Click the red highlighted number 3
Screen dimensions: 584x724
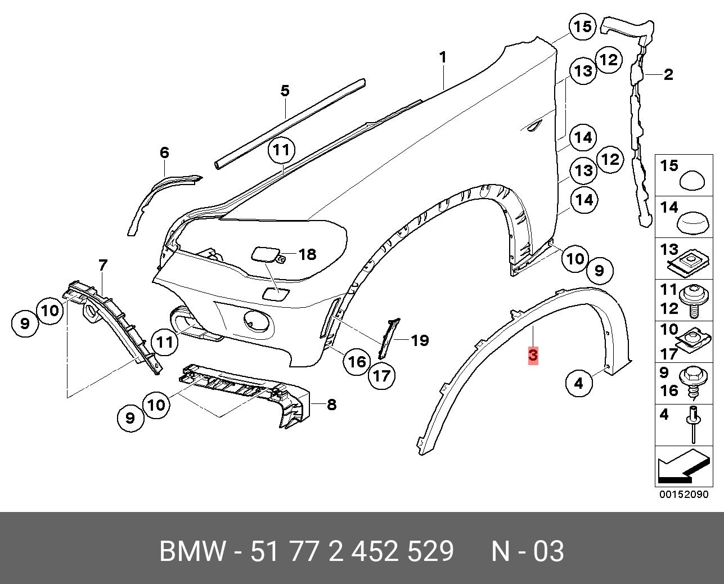tap(533, 356)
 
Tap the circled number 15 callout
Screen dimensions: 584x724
tap(582, 26)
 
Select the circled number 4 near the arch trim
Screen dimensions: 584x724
tap(579, 384)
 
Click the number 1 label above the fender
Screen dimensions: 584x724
tap(443, 57)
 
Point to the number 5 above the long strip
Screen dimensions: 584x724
tap(285, 91)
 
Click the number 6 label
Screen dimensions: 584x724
tap(164, 152)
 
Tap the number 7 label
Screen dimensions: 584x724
tap(103, 265)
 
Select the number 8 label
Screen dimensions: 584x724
tap(331, 404)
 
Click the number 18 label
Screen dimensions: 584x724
tap(307, 255)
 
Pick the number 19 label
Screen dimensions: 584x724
tap(419, 340)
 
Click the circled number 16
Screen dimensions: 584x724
tap(357, 361)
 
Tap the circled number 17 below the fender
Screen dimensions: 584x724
tap(382, 375)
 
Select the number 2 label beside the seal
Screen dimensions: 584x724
tap(668, 74)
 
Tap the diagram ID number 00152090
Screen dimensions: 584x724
tap(683, 495)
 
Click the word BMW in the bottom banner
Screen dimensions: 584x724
tap(192, 551)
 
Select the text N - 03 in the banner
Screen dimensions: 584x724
tap(527, 551)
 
